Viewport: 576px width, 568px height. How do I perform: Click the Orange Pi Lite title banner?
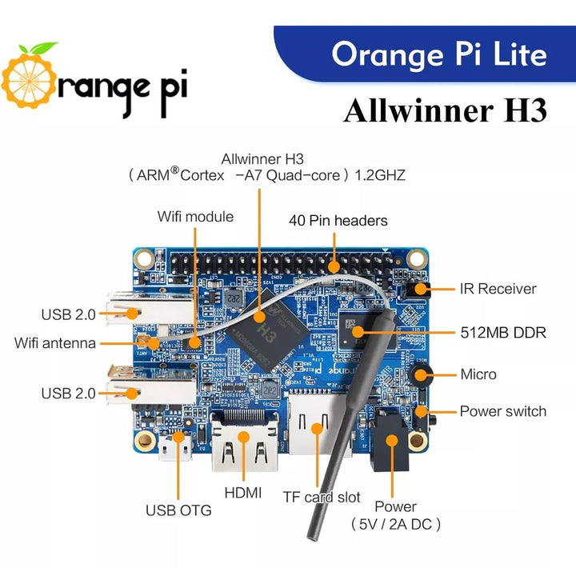tap(438, 54)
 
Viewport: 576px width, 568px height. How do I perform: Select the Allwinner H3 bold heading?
tap(445, 110)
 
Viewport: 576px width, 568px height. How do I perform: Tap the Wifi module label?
tap(195, 216)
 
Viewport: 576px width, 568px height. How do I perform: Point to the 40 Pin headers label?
tap(338, 220)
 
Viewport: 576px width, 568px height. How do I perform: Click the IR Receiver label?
tap(498, 289)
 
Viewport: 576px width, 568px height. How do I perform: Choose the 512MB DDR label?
tap(503, 332)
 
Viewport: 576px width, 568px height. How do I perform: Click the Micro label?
tap(478, 374)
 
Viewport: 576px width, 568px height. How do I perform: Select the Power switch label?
tap(502, 411)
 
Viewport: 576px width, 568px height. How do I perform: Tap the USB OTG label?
tap(178, 510)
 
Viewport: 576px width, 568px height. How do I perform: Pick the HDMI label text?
tap(243, 493)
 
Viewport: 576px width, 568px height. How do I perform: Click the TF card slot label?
tap(322, 497)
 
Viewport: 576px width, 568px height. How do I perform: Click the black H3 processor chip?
tap(258, 329)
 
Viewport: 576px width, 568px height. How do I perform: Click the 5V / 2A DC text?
tap(395, 524)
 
